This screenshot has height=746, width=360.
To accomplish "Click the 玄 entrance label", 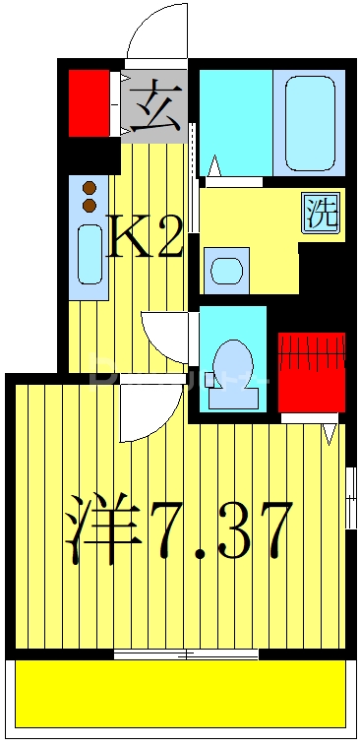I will tap(155, 106).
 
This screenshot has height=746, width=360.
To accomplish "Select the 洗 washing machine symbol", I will tap(321, 214).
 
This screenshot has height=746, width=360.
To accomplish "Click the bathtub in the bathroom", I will tap(309, 121).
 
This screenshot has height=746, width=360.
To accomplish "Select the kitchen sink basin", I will tap(90, 254).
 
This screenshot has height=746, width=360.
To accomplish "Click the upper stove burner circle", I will tap(90, 187).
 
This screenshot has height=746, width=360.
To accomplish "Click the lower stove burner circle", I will tap(90, 204).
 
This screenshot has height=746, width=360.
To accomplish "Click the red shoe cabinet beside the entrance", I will tap(89, 102).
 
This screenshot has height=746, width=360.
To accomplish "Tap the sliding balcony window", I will tap(186, 654).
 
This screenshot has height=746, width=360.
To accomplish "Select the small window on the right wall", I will tap(350, 497).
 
